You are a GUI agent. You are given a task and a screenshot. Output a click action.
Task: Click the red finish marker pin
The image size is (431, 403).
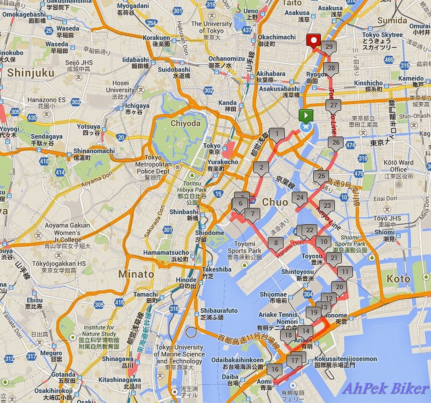[313, 41]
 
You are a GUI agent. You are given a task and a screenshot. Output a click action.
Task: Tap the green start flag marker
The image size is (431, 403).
[305, 116]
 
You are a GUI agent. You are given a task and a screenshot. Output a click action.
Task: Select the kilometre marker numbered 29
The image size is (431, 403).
[329, 47]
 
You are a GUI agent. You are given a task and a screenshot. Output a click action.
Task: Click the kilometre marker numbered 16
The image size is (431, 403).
[275, 369]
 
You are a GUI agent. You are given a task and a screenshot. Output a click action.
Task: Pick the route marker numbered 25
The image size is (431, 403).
[321, 176]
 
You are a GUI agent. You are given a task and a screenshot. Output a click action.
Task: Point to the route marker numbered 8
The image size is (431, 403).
[276, 243]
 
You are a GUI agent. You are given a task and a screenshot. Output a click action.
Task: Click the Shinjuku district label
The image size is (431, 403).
[31, 73]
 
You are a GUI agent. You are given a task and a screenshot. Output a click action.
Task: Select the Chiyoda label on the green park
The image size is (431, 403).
[185, 123]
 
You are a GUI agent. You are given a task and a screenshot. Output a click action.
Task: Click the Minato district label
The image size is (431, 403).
[136, 274]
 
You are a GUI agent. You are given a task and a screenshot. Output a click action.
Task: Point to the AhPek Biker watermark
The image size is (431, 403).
[385, 389]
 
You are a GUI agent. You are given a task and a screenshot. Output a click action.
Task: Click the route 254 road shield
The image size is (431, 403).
[151, 23]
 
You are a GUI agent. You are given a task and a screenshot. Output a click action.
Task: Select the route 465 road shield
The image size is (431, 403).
[389, 60]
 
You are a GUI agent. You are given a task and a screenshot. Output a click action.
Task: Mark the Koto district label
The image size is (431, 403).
[398, 278]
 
